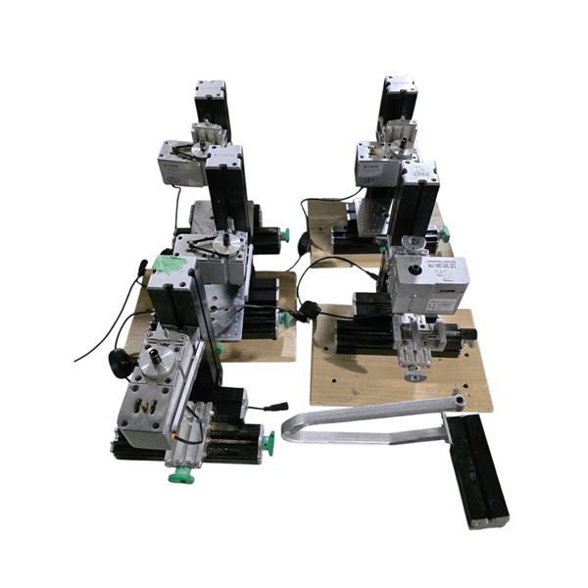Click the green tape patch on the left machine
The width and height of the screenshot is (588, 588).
[166, 264]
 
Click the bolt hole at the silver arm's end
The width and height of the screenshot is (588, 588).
[458, 397]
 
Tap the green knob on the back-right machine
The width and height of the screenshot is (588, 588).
[443, 234]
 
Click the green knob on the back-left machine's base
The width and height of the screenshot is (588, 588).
[285, 235]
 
